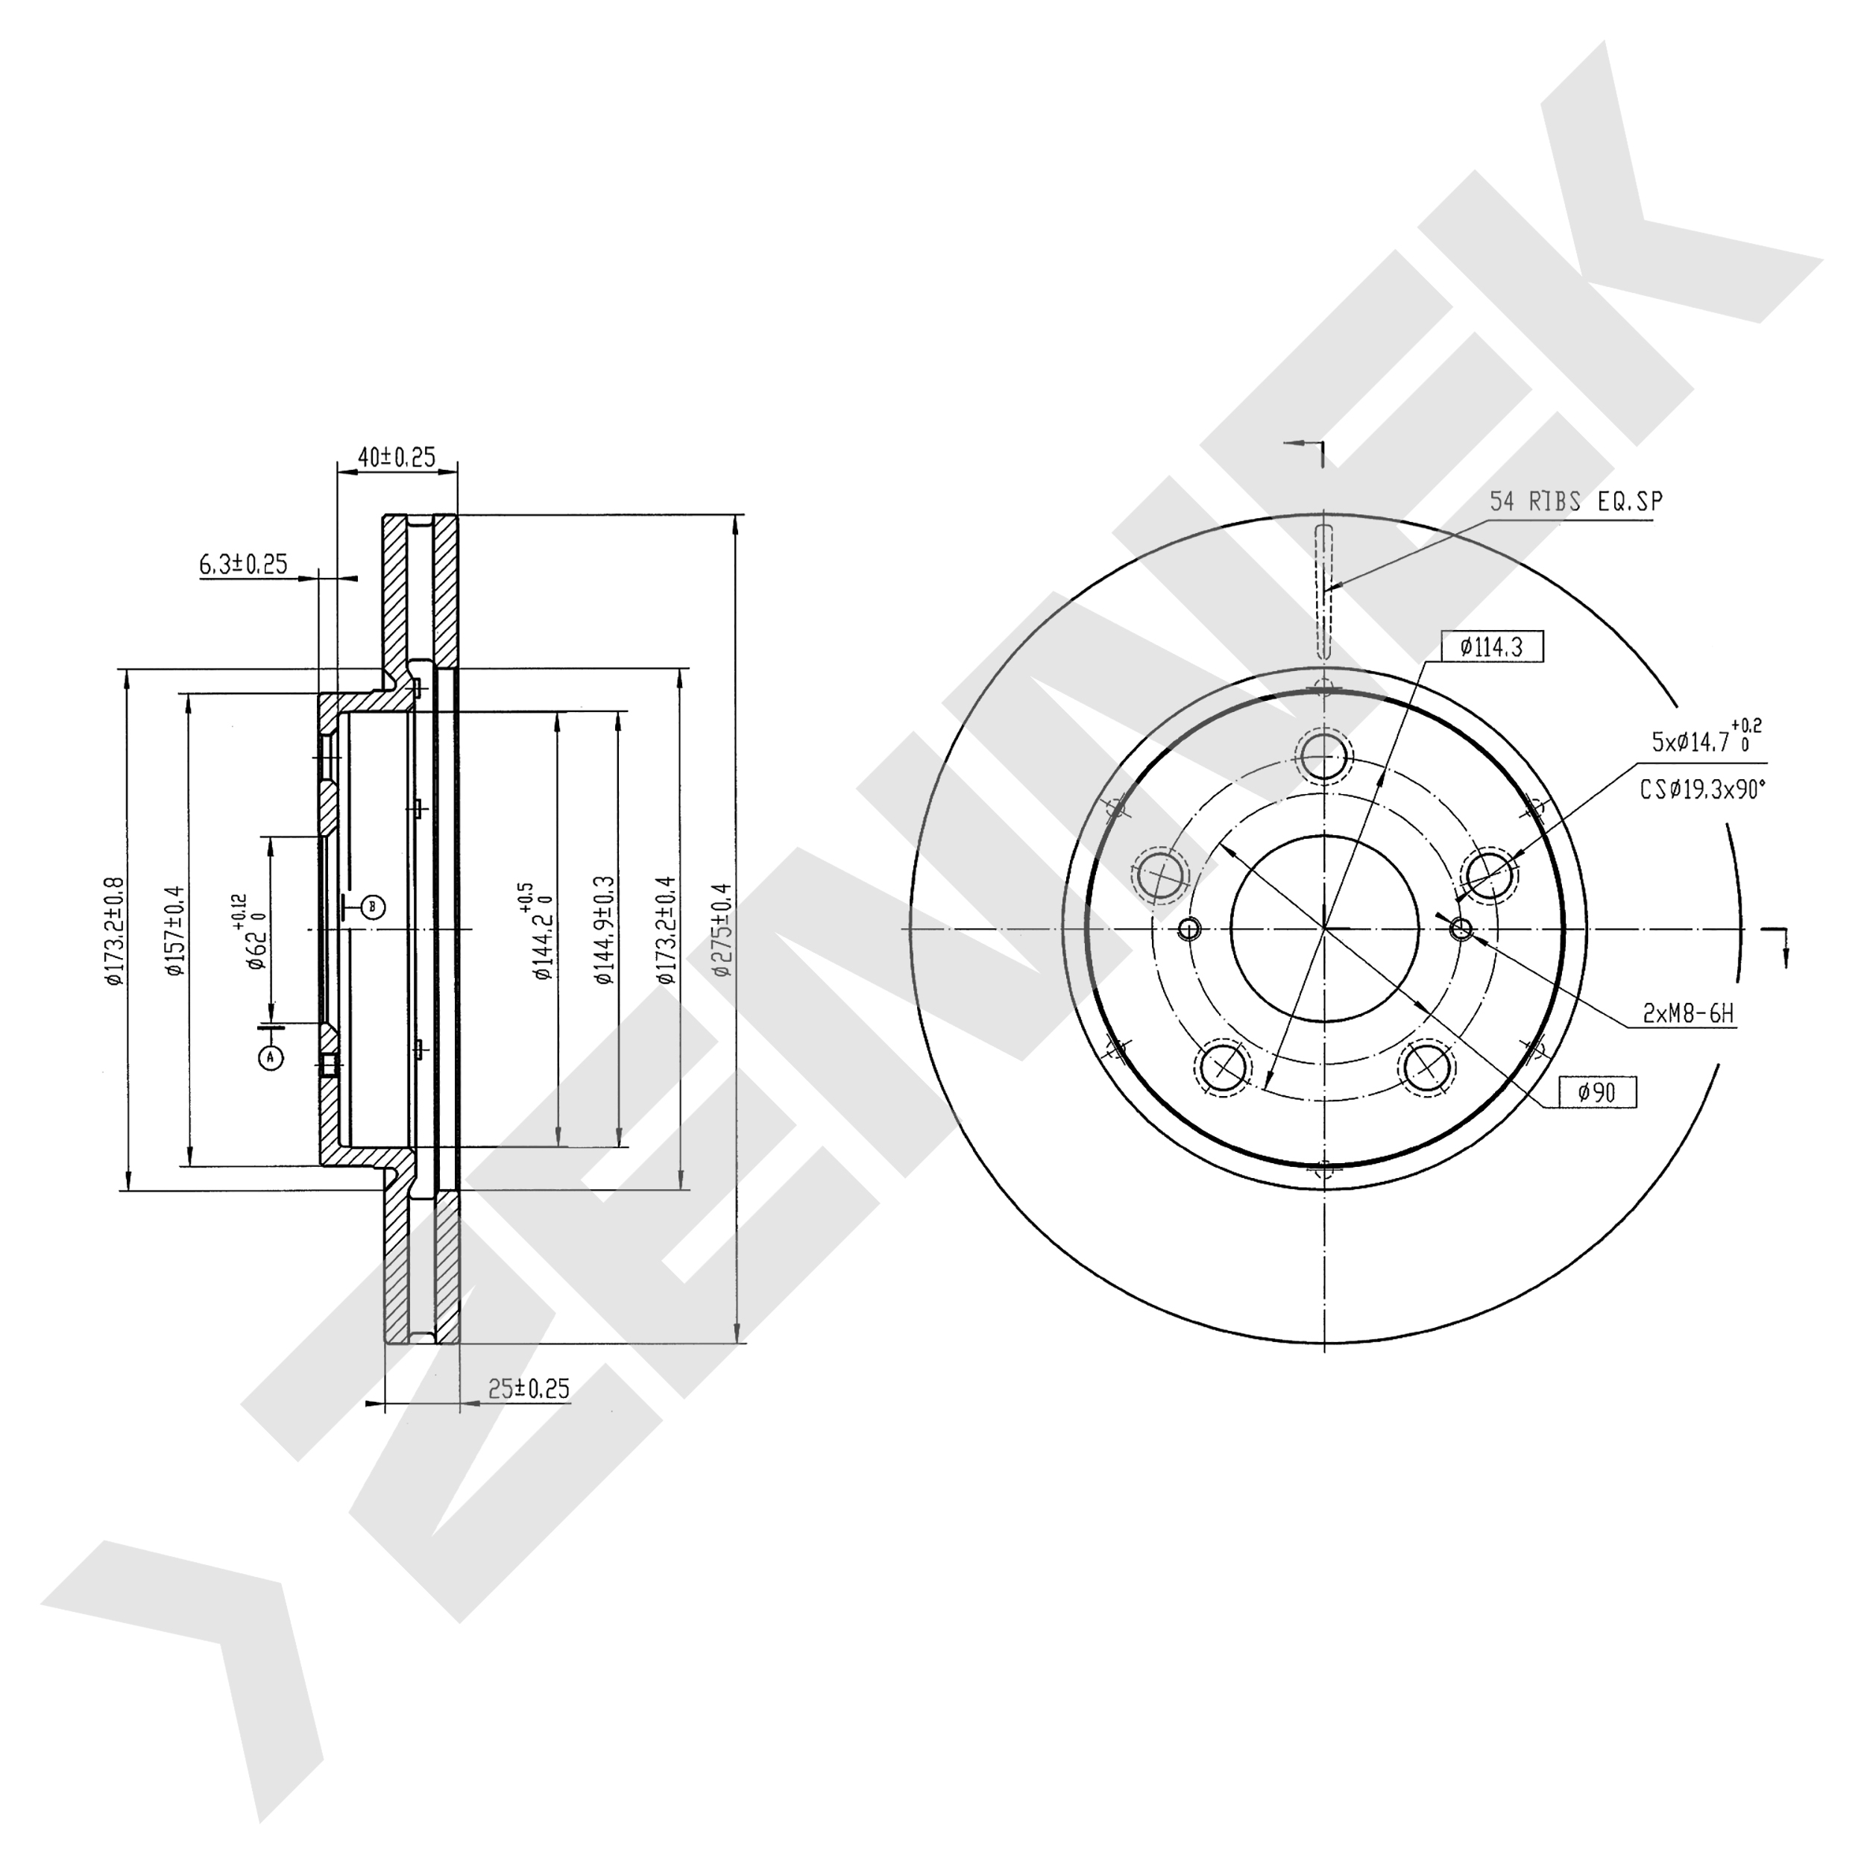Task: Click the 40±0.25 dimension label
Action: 397,456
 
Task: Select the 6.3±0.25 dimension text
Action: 244,564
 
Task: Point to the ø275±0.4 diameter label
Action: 722,930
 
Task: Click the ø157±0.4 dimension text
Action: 174,930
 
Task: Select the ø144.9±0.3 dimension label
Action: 605,930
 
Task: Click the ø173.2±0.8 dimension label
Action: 115,930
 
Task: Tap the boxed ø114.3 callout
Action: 1492,647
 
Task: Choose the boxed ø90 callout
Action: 1598,1092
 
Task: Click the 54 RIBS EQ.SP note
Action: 1576,502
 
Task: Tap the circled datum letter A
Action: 271,1057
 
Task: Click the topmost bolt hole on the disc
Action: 1323,756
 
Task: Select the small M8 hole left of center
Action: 1188,929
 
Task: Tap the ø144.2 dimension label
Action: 542,931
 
